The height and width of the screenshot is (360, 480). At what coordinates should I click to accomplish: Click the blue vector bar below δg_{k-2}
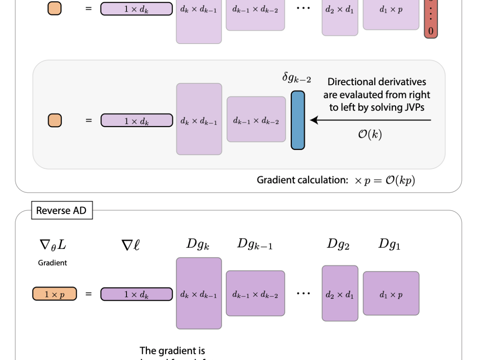pyautogui.click(x=297, y=120)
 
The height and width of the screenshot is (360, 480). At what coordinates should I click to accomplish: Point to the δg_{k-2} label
pyautogui.click(x=297, y=78)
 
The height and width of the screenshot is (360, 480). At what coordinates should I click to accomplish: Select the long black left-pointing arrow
pyautogui.click(x=370, y=120)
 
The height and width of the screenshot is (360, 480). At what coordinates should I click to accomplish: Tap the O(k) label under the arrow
pyautogui.click(x=370, y=135)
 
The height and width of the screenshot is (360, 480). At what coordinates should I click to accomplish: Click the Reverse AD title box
pyautogui.click(x=62, y=210)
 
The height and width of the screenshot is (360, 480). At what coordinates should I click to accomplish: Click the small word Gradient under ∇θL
pyautogui.click(x=52, y=263)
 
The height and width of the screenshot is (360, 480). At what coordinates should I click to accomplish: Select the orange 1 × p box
pyautogui.click(x=54, y=294)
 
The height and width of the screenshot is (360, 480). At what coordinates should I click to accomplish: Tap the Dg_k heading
pyautogui.click(x=198, y=244)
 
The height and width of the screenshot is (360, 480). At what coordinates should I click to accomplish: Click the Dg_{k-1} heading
pyautogui.click(x=255, y=244)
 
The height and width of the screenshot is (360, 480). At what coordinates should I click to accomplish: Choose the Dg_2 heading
pyautogui.click(x=338, y=244)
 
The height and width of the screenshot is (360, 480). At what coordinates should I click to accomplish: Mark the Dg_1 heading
pyautogui.click(x=389, y=244)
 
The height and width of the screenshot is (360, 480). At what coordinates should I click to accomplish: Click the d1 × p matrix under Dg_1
pyautogui.click(x=391, y=294)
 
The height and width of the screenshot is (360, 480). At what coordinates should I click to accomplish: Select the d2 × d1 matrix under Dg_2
pyautogui.click(x=340, y=294)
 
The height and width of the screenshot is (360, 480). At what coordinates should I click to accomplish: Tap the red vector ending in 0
pyautogui.click(x=431, y=20)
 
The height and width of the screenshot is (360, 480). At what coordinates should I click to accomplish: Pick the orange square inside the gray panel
pyautogui.click(x=55, y=120)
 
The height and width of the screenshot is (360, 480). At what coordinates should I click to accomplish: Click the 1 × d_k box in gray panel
pyautogui.click(x=137, y=120)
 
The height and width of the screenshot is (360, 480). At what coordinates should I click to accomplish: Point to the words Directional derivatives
pyautogui.click(x=377, y=82)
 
